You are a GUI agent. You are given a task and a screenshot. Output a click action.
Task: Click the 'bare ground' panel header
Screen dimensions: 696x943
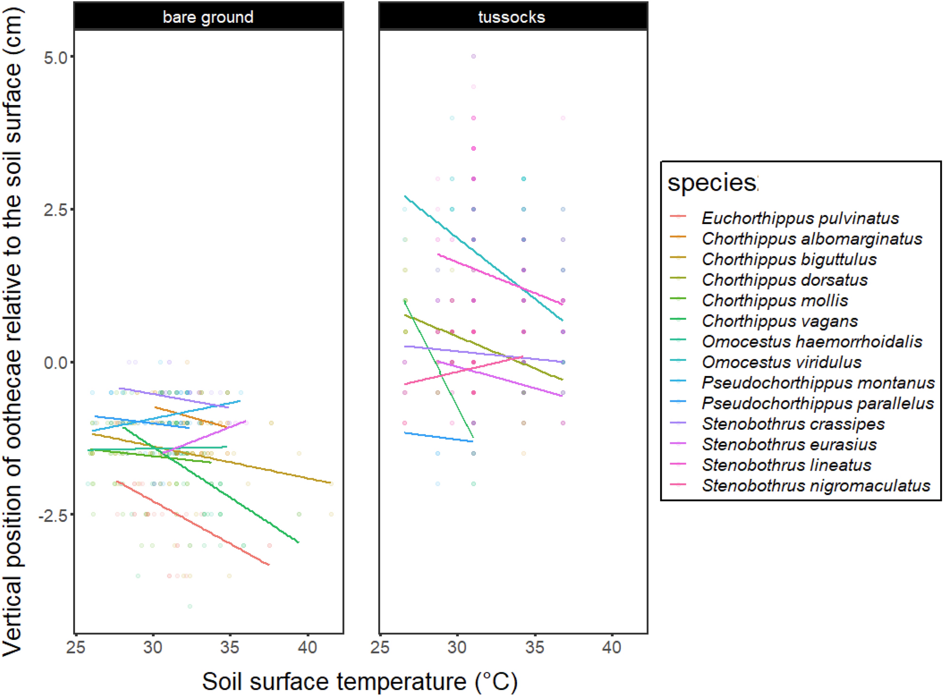[208, 17]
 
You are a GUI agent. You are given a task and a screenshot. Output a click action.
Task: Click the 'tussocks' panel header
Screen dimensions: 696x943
[511, 17]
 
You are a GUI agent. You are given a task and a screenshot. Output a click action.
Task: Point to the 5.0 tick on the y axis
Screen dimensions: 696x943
[55, 58]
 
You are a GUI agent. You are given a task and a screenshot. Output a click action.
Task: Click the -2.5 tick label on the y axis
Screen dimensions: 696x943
[53, 515]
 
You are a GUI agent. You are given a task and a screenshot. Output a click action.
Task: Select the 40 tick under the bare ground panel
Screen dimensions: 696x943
[307, 647]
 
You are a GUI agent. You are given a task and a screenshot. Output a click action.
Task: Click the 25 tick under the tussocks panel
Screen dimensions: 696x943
[380, 647]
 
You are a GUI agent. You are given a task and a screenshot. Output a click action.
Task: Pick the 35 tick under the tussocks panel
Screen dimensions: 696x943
[534, 647]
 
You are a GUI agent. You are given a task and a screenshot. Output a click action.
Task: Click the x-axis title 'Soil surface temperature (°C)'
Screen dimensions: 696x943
[359, 682]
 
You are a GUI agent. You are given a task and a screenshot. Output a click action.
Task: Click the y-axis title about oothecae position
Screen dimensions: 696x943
[13, 333]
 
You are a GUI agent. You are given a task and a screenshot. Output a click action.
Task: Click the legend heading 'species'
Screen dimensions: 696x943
[712, 183]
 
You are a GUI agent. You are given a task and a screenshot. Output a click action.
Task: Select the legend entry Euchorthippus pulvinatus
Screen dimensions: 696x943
[800, 218]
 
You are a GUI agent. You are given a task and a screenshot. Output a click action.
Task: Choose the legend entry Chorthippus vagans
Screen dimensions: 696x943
[779, 321]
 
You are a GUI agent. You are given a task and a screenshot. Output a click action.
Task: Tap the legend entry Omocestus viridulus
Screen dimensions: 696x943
[781, 362]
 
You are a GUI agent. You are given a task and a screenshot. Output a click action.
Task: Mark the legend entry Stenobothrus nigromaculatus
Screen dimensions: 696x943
[816, 485]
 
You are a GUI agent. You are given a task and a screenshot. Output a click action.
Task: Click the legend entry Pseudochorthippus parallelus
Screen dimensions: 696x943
[818, 403]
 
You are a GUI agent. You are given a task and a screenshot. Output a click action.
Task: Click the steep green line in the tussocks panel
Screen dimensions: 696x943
[440, 371]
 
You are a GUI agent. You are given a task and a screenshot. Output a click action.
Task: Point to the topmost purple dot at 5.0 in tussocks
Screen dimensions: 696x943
[473, 57]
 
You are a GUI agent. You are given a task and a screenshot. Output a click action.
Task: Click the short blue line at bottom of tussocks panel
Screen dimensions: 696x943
[438, 437]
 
